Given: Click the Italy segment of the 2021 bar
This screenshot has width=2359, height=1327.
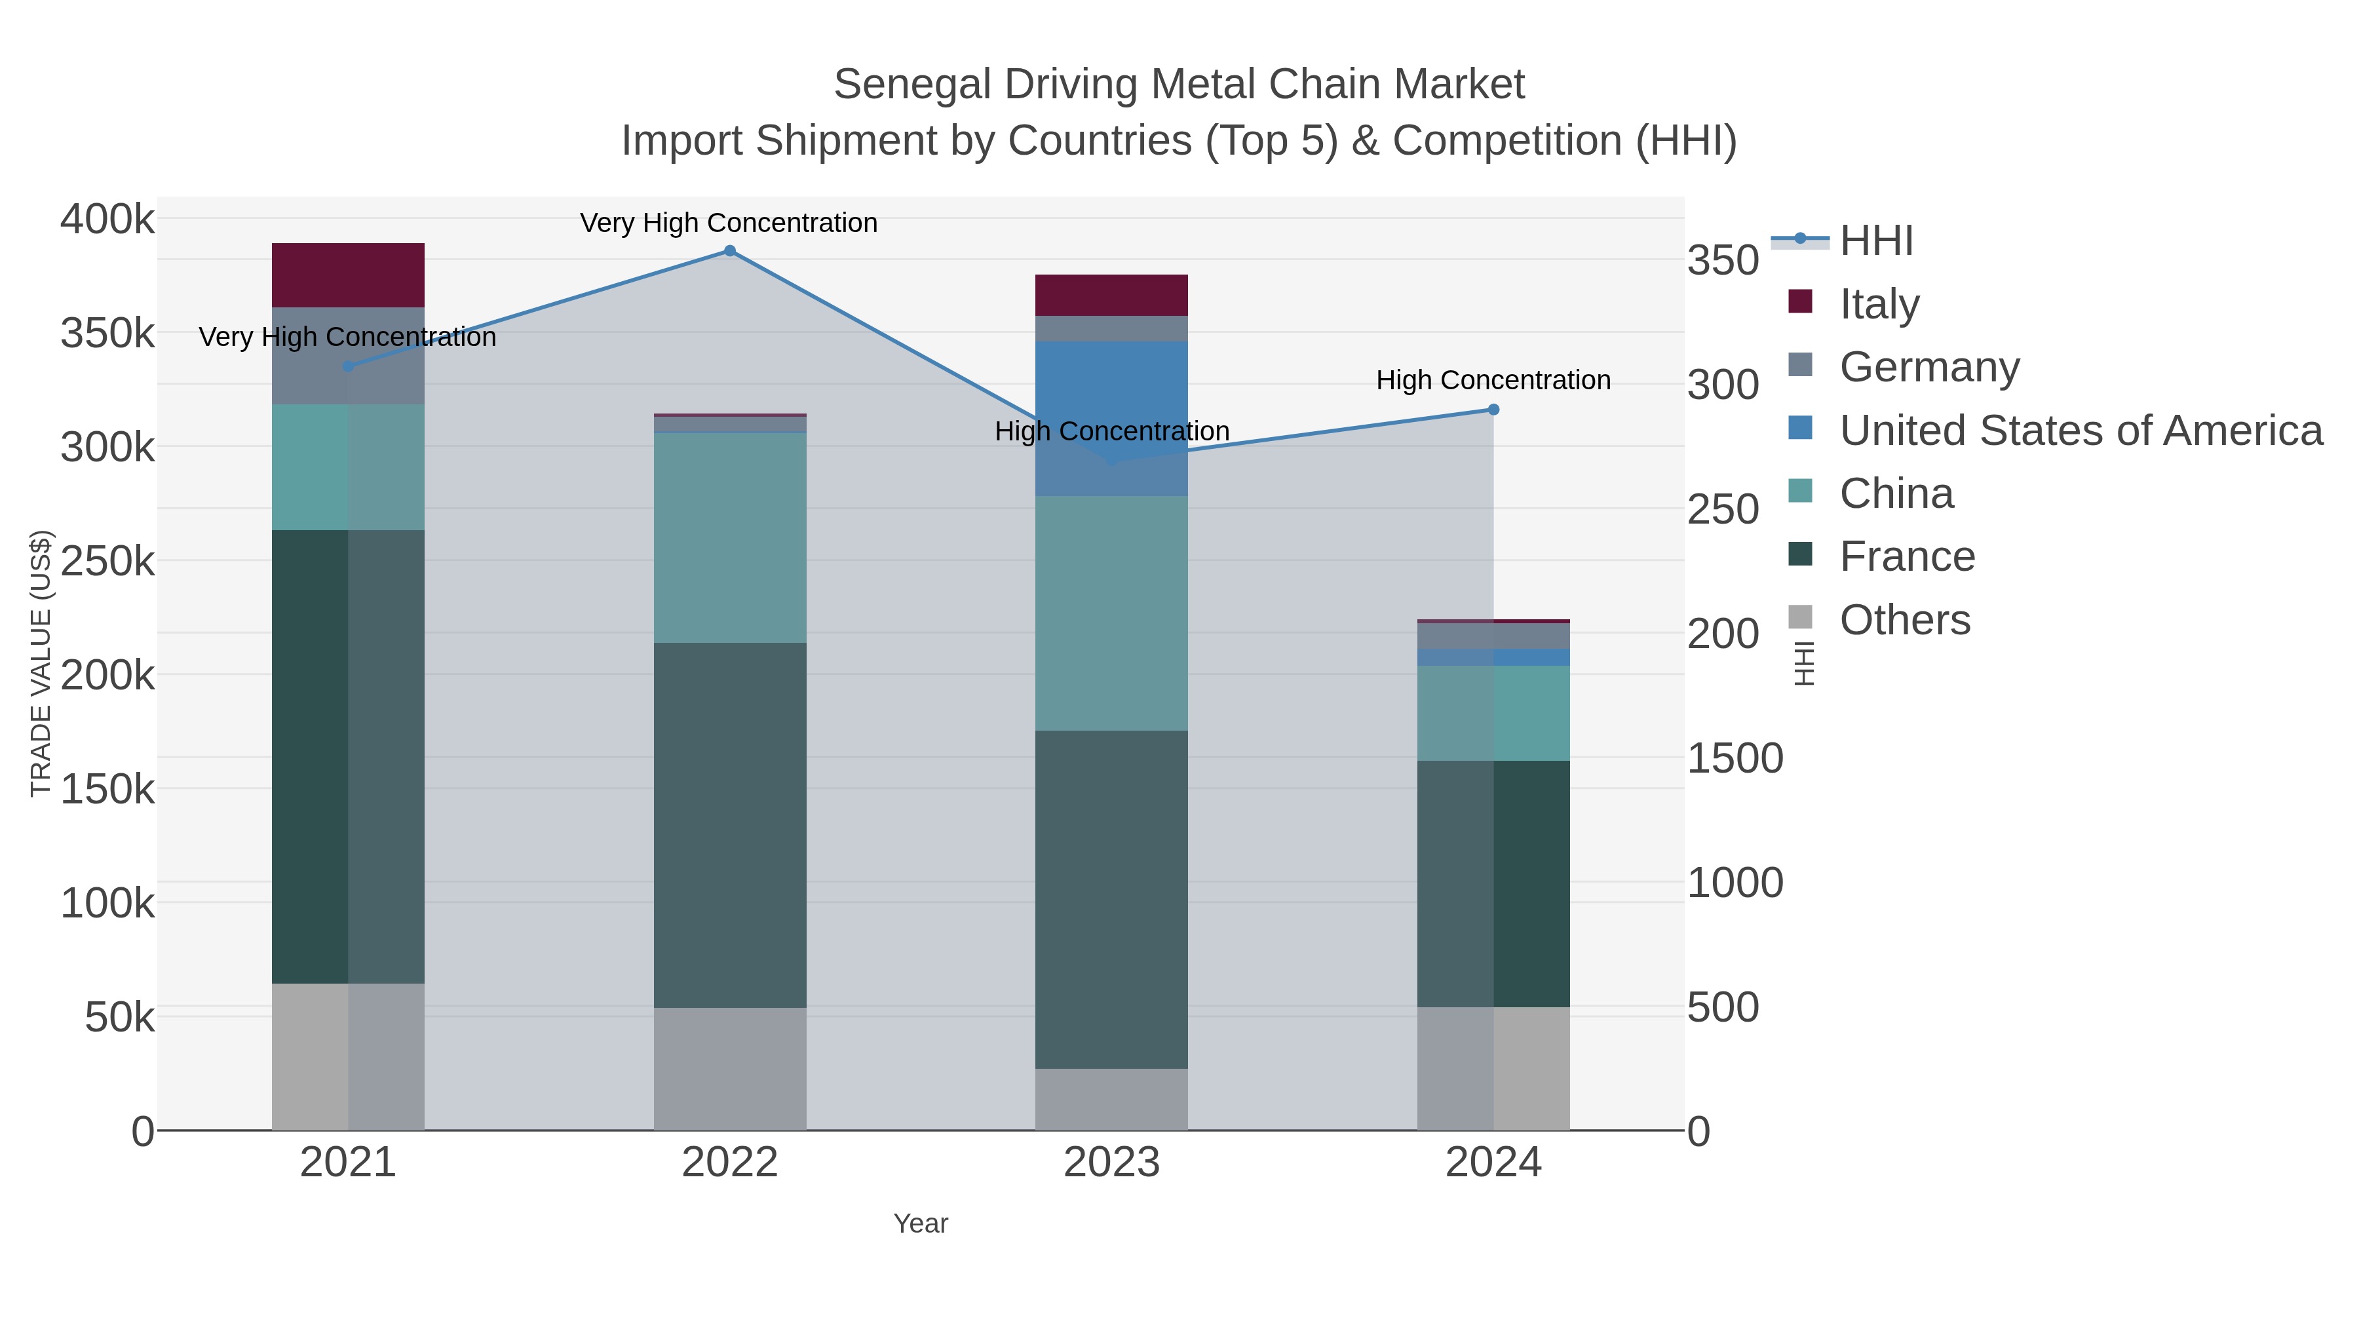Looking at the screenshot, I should (348, 275).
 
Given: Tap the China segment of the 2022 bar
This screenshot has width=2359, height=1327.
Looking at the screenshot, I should (730, 537).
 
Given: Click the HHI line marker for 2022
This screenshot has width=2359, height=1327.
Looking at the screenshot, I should (730, 251).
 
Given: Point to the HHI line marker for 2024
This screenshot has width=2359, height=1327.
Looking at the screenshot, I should (1493, 410).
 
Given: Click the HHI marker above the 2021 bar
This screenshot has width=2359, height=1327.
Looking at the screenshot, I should (348, 366).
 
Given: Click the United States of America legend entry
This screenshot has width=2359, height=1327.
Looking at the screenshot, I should (2080, 431).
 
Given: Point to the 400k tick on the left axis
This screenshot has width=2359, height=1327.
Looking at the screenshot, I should (107, 220).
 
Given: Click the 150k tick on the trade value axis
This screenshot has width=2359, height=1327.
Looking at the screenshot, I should (107, 788).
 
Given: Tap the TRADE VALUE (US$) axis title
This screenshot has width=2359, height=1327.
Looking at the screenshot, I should (41, 663).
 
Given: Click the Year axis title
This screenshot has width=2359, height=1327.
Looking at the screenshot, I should (921, 1223).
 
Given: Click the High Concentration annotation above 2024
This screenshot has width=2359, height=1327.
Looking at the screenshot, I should (1493, 380).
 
